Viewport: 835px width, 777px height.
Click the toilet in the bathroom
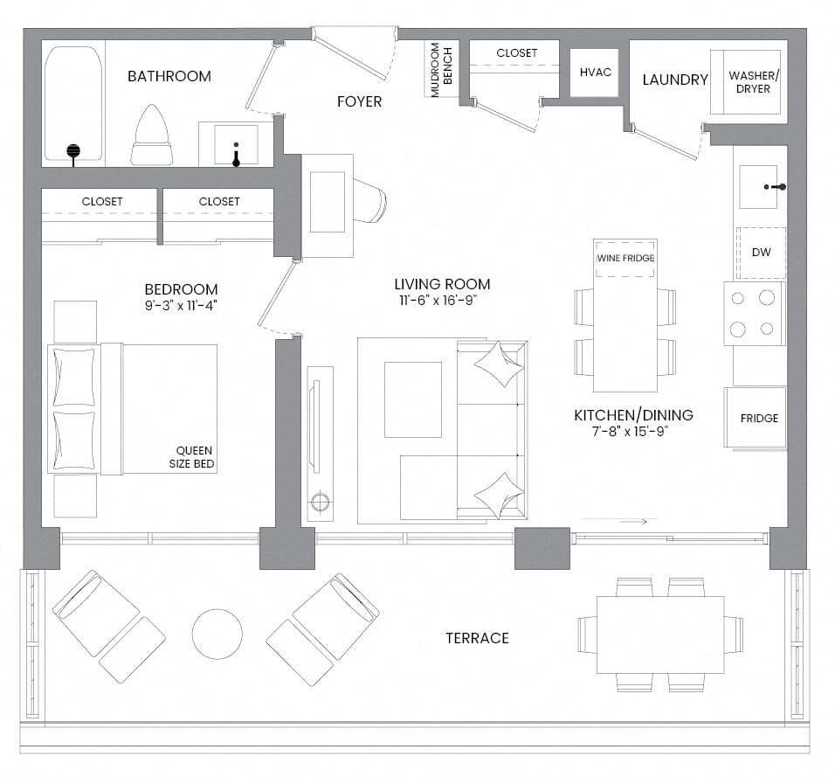coord(152,135)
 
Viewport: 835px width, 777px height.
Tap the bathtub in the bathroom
coord(73,103)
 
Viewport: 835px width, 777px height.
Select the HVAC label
coord(596,72)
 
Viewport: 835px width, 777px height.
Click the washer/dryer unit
coord(746,82)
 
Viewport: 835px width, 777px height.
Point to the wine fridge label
coord(625,258)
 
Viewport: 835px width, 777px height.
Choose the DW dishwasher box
coord(761,253)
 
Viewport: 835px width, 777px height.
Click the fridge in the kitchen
coord(755,417)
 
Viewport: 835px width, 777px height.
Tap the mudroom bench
coord(441,69)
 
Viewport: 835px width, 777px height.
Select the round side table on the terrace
coord(217,635)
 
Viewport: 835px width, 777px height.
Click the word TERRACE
coord(477,638)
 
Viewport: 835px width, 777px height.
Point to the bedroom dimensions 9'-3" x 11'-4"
coord(181,305)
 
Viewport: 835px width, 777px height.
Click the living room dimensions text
coord(438,301)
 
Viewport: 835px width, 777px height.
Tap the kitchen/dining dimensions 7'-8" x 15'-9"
coord(630,431)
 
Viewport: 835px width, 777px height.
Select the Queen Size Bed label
coord(191,457)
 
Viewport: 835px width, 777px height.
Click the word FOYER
coord(360,101)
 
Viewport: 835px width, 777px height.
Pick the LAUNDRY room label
coord(675,80)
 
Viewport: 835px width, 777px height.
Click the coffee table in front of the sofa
coord(413,399)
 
